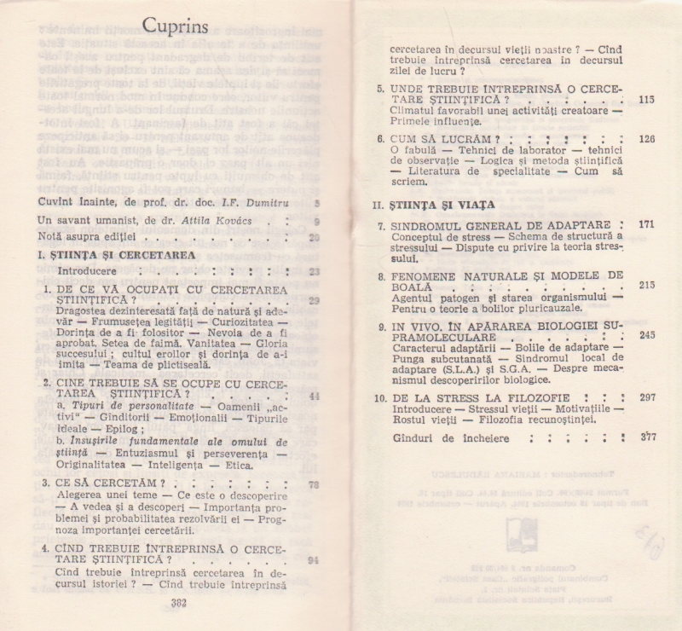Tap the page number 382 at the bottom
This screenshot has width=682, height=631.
pos(178,602)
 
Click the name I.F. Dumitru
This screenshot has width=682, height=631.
pos(254,202)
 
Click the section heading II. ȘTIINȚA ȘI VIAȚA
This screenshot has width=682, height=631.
pos(435,205)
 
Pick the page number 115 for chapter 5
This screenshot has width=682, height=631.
pos(646,100)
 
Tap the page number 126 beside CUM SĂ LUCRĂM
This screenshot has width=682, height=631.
pos(646,139)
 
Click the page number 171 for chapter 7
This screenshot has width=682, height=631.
pos(646,225)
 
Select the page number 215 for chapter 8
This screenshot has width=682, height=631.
pos(646,285)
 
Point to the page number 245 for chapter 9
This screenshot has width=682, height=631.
pos(646,335)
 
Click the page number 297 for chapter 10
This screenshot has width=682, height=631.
pos(646,397)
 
